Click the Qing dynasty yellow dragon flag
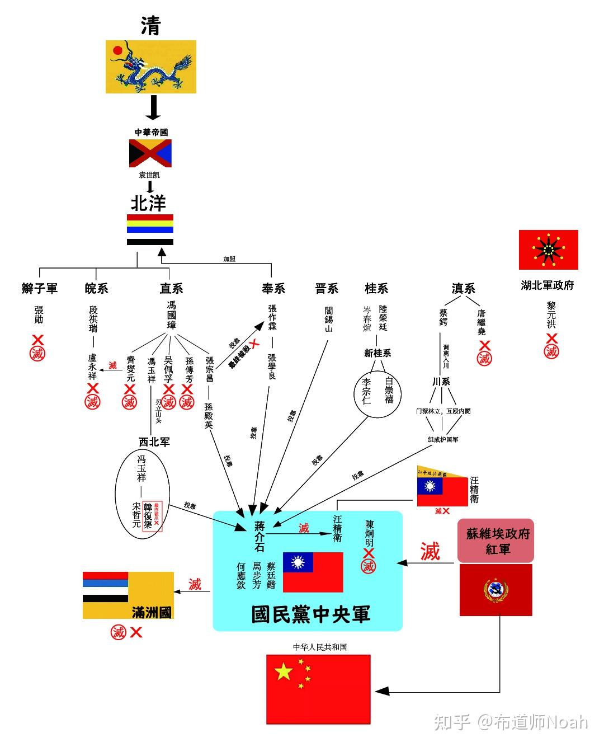pyautogui.click(x=151, y=67)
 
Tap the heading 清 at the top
pyautogui.click(x=150, y=25)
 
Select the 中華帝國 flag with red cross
pyautogui.click(x=150, y=153)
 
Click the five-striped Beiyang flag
pyautogui.click(x=150, y=229)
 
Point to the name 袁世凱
pyautogui.click(x=149, y=175)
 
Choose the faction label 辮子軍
pyautogui.click(x=39, y=288)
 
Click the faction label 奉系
pyautogui.click(x=273, y=288)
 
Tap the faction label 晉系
pyautogui.click(x=327, y=288)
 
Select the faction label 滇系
pyautogui.click(x=463, y=288)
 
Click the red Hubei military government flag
pyautogui.click(x=548, y=250)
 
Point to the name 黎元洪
pyautogui.click(x=551, y=316)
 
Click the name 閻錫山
pyautogui.click(x=328, y=319)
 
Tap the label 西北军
pyautogui.click(x=154, y=441)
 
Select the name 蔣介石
pyautogui.click(x=259, y=536)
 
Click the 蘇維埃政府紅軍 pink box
pyautogui.click(x=496, y=541)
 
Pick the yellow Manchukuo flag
pyautogui.click(x=128, y=595)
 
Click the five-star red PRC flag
pyautogui.click(x=318, y=681)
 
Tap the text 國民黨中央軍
pyautogui.click(x=310, y=614)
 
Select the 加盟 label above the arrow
pyautogui.click(x=229, y=259)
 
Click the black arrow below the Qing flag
pyautogui.click(x=153, y=107)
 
